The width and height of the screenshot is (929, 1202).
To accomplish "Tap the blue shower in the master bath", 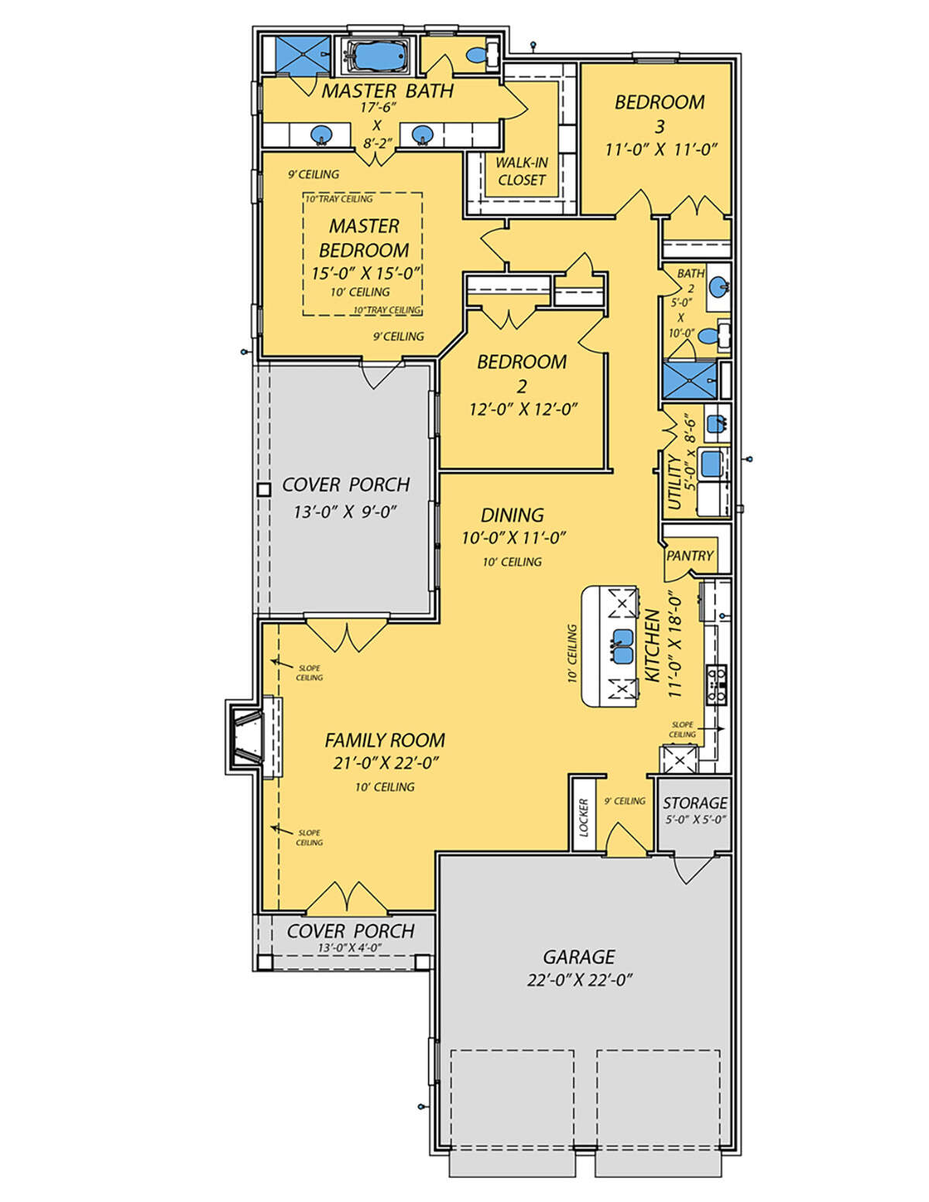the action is click(303, 54).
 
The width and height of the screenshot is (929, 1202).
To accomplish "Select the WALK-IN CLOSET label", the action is click(521, 171).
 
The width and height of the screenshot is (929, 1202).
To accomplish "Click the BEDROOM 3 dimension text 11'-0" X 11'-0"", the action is click(660, 149).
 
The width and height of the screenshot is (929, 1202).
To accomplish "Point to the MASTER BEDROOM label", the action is click(364, 238).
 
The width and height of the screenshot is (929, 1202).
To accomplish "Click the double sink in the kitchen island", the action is click(623, 646).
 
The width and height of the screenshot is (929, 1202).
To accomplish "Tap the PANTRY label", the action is click(690, 556).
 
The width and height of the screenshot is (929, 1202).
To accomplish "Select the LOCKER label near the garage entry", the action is click(584, 817).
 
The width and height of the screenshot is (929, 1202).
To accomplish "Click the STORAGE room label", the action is click(695, 802).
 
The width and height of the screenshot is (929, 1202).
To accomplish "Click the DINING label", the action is click(512, 515).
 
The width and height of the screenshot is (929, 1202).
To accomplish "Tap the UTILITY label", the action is click(674, 481).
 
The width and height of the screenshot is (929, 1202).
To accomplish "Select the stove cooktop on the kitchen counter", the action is click(718, 684).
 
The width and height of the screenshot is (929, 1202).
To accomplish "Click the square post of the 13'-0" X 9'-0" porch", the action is click(264, 489).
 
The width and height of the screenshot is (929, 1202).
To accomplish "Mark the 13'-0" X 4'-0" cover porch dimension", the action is click(350, 947).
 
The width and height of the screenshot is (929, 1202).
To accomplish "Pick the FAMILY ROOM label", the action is click(385, 740).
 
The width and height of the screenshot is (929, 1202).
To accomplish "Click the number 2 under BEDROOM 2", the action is click(521, 385).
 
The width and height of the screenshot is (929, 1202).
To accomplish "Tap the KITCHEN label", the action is click(653, 646).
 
